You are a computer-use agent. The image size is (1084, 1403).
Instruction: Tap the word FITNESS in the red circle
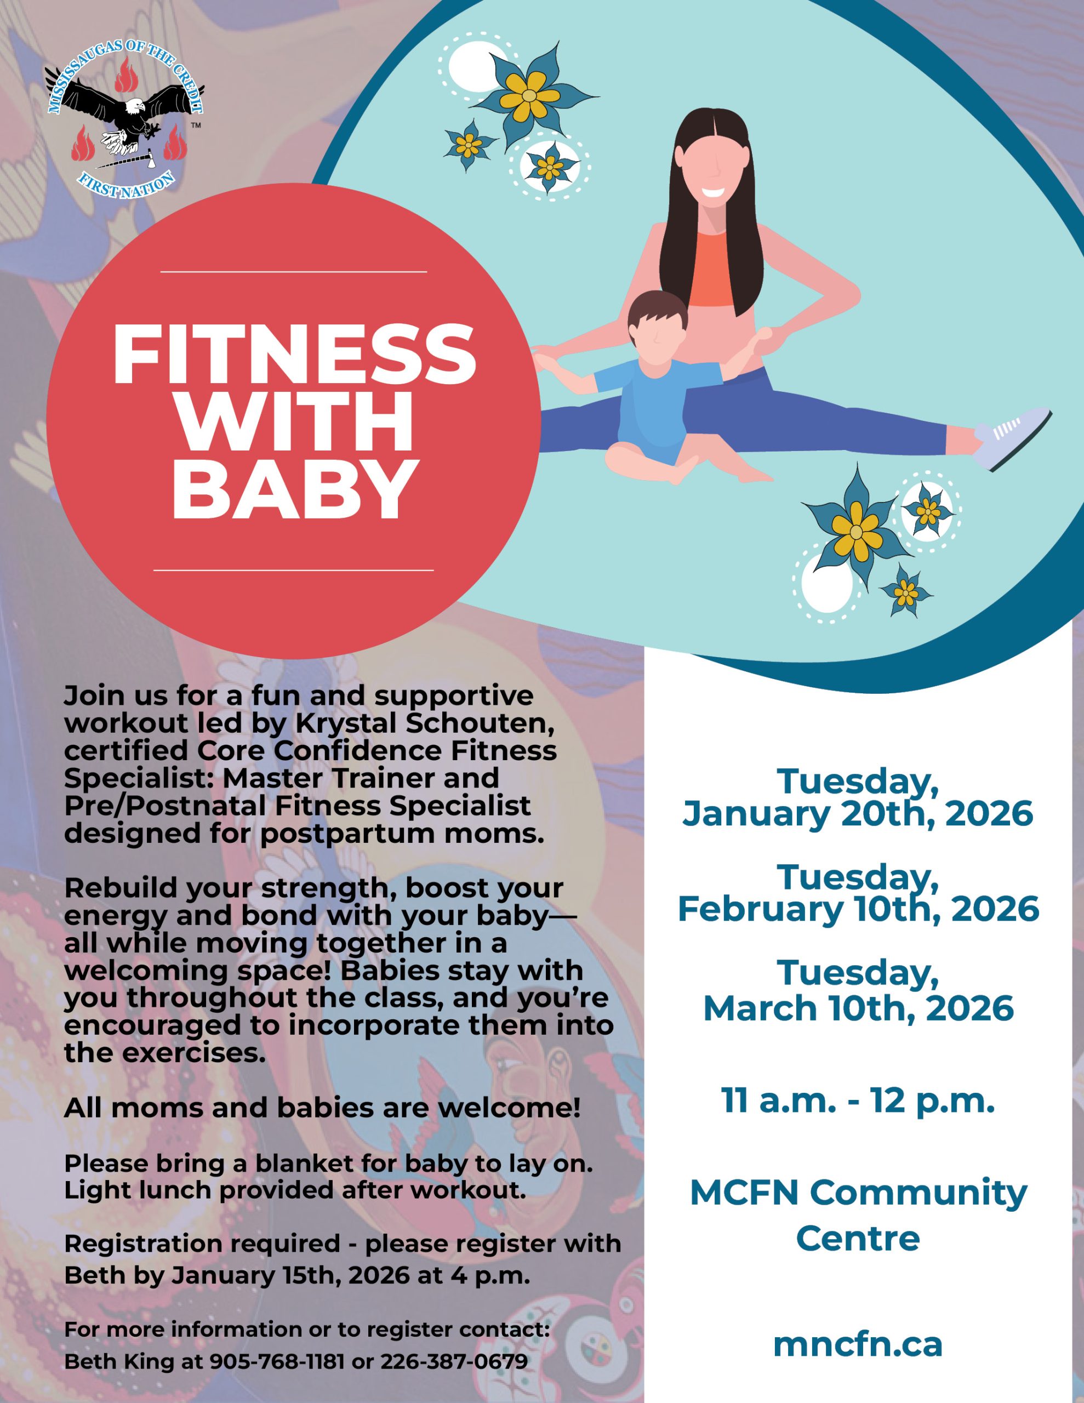pos(294,355)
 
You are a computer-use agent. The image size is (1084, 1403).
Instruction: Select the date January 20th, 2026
pos(857,813)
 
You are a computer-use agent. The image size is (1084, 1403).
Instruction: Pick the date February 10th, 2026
pos(857,910)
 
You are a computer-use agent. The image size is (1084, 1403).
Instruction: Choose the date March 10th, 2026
pos(857,1008)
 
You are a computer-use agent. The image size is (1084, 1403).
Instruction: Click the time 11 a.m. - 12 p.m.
pos(857,1101)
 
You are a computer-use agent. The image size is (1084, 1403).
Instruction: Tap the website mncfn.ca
pos(857,1344)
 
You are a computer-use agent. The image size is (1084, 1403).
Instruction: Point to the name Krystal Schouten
pos(424,723)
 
